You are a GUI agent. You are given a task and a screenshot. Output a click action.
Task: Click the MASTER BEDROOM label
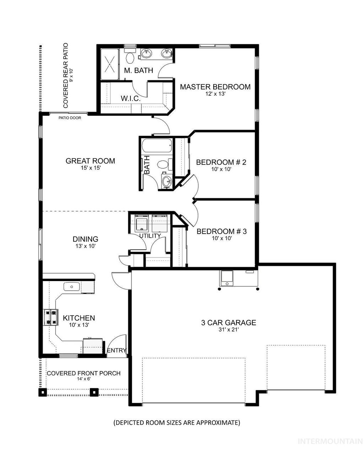pos(215,87)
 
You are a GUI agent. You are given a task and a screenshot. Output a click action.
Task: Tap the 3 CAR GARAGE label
pos(229,323)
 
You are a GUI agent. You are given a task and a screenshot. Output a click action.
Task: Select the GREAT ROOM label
pos(90,161)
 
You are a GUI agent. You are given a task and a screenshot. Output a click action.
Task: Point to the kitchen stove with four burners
pos(50,317)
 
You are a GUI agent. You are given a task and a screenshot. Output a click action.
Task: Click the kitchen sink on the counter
pos(71,286)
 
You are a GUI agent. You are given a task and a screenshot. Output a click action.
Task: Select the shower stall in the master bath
pos(110,64)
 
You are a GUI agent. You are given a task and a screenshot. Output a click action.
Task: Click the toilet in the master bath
pos(130,57)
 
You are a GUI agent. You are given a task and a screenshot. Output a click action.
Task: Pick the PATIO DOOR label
pos(70,118)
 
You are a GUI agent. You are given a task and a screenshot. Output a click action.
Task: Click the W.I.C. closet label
pos(131,99)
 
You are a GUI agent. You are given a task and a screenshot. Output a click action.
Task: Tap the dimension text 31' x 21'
pos(229,330)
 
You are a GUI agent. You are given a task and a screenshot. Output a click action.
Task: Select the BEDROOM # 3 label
pos(221,231)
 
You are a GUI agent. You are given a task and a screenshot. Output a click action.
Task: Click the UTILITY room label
pos(150,235)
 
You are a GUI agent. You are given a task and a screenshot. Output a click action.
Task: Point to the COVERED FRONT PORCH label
pos(84,373)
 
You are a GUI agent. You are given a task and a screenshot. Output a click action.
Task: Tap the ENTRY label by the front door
pos(116,350)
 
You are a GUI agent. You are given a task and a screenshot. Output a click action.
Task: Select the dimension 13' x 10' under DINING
pos(85,246)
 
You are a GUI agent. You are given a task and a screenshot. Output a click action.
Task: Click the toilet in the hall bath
pos(163,164)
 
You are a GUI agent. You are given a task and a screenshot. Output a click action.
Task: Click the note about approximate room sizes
pos(177,423)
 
